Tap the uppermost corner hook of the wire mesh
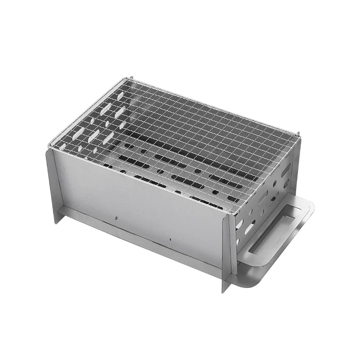[130, 79]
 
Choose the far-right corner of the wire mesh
[298, 134]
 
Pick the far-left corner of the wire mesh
[49, 145]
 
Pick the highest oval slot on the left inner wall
[120, 95]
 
